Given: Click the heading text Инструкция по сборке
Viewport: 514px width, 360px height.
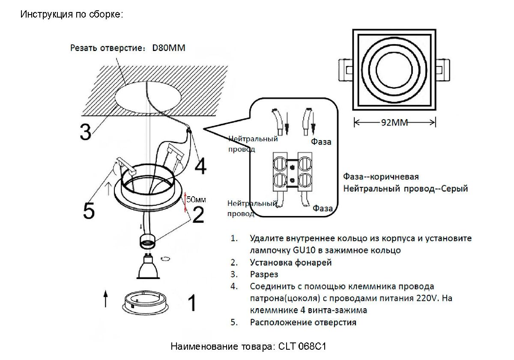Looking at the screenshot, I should (x=72, y=15).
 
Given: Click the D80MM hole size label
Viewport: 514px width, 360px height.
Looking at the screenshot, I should (x=169, y=48).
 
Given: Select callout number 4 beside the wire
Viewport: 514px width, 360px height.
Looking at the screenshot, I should (x=200, y=165).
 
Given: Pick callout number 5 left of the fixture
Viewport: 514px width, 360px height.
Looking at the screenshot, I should (x=89, y=210).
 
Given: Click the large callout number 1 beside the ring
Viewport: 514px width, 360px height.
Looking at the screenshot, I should (x=192, y=303).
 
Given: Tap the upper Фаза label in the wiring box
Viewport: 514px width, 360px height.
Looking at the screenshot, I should (x=321, y=142).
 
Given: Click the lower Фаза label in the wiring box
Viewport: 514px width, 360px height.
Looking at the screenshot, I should (x=323, y=209).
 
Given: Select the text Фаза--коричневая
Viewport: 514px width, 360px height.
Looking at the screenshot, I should (x=381, y=177).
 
